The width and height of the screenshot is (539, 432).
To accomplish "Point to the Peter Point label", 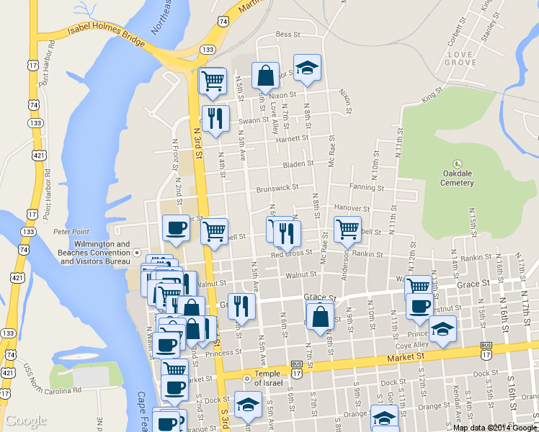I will point(71,232).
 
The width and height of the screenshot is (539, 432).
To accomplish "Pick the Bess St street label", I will point(287,34).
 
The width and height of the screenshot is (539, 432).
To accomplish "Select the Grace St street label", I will point(321,297).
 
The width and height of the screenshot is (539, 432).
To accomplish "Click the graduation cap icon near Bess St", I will point(308,68).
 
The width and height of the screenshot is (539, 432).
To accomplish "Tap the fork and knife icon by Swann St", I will point(215,119).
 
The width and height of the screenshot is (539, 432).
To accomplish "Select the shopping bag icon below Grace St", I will point(319,315).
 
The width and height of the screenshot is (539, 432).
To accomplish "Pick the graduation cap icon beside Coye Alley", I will point(442,329).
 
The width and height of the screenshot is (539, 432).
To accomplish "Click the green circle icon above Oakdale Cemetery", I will point(456,164).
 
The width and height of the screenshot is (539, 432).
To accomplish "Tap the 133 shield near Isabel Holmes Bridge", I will point(208,49).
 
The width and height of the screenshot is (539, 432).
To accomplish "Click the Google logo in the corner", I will point(26,420).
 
